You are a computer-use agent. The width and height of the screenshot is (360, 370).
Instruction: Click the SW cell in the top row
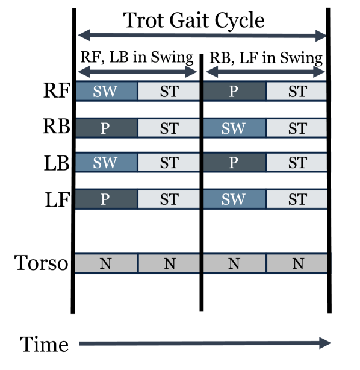tap(106, 92)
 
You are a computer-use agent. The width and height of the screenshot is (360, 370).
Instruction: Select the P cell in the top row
tap(234, 92)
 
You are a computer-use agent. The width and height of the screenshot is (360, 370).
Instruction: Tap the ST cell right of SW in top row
tap(169, 92)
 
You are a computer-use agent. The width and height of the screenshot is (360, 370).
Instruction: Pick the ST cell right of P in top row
tap(297, 92)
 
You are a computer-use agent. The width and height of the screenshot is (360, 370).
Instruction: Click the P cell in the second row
tap(106, 128)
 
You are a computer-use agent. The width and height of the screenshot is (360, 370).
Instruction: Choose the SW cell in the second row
tap(234, 128)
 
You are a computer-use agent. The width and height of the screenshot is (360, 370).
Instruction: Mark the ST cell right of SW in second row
tap(297, 128)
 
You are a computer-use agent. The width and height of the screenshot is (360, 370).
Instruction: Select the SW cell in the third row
tap(106, 163)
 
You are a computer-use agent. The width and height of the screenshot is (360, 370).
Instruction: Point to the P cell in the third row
tap(234, 163)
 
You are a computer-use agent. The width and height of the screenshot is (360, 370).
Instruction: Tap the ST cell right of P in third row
tap(297, 163)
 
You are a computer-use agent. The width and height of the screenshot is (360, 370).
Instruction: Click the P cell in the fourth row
tap(106, 199)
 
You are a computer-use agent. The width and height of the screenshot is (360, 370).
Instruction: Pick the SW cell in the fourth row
tap(234, 199)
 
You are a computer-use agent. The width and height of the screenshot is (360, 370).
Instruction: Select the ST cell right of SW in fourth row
tap(297, 199)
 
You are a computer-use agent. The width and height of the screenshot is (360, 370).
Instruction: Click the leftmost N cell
tap(106, 263)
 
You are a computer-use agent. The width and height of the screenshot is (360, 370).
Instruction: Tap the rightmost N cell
tap(297, 263)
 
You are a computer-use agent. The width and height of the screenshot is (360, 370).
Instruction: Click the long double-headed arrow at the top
tap(202, 36)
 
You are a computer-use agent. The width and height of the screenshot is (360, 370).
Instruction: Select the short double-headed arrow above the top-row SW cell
tap(137, 72)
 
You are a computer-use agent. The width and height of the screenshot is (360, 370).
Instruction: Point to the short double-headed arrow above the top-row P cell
tap(265, 72)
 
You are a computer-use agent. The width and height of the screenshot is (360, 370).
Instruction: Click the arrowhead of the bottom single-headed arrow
tap(326, 343)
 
